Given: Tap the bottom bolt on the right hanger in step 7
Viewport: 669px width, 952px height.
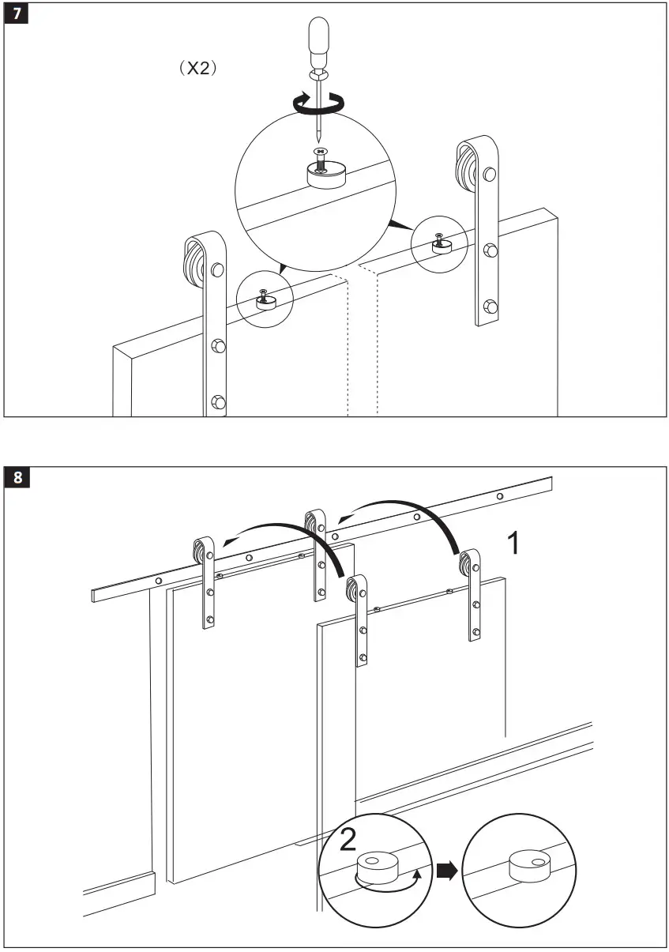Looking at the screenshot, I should (490, 305).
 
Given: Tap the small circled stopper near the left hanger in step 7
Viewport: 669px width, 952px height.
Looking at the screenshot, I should (265, 299).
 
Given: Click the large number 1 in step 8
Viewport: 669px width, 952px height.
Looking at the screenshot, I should (513, 544).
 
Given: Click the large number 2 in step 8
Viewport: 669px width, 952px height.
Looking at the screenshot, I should (347, 841).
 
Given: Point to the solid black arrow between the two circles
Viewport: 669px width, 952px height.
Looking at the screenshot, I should (446, 869).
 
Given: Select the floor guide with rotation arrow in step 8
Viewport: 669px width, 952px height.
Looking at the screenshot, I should (375, 867).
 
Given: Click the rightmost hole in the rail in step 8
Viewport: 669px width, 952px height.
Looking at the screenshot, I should (499, 497).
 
